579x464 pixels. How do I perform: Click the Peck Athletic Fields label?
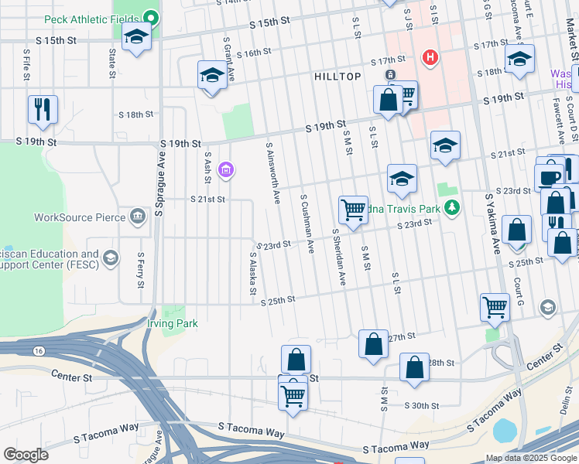[93, 19]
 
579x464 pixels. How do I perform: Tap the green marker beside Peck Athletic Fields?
[152, 19]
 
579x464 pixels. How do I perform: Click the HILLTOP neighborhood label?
[337, 77]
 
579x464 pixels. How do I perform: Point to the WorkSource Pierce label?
[80, 217]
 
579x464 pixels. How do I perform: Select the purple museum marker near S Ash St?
[225, 170]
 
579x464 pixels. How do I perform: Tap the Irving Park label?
[173, 323]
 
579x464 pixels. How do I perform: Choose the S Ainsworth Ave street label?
[272, 172]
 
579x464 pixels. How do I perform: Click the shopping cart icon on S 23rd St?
[353, 209]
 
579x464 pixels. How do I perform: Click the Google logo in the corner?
[26, 455]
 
